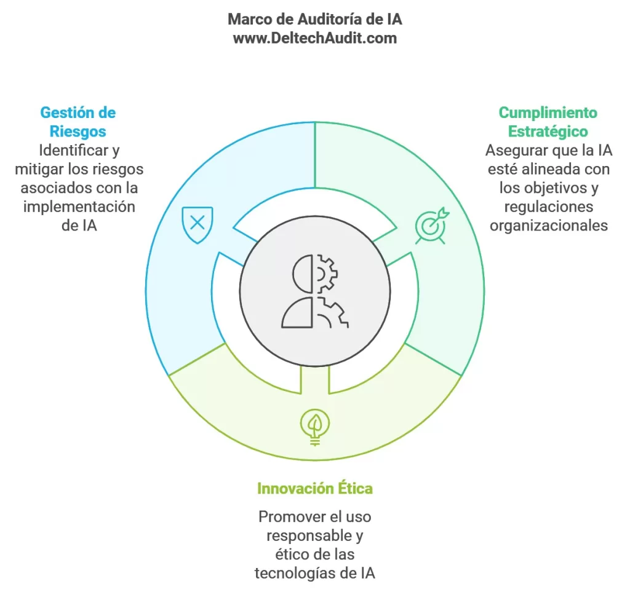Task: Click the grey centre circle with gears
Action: click(315, 291)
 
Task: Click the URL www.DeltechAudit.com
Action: click(315, 38)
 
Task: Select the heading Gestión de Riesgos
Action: click(78, 122)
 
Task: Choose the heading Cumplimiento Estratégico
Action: click(548, 122)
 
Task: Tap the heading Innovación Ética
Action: click(315, 489)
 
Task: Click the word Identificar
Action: click(74, 151)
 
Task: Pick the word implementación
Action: click(79, 207)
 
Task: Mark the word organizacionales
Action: click(549, 226)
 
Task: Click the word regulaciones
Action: click(549, 207)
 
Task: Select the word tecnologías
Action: click(297, 573)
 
